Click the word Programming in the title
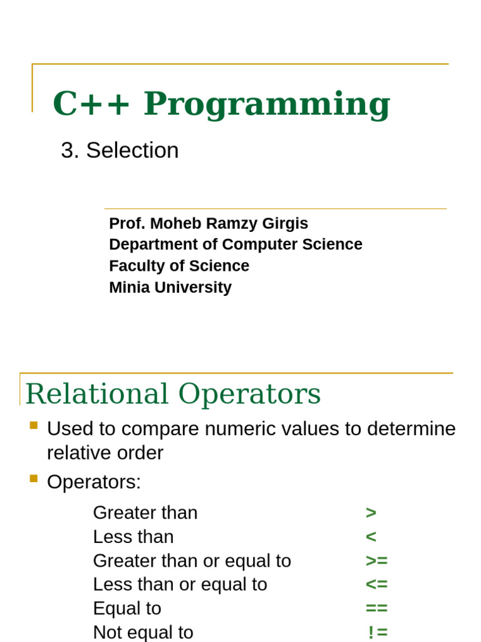tap(267, 105)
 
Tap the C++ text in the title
tap(91, 103)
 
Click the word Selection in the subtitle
tap(133, 150)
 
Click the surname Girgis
tap(285, 224)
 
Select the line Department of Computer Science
tap(235, 245)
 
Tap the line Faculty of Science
tap(179, 266)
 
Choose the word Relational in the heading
tap(97, 394)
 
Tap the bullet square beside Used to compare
tap(34, 426)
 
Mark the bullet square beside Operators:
tap(34, 478)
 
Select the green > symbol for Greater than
tap(371, 513)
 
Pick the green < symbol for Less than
tap(371, 537)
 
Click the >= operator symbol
tap(376, 560)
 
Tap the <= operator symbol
tap(376, 584)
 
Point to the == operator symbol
tap(376, 608)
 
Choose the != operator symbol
tap(378, 632)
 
